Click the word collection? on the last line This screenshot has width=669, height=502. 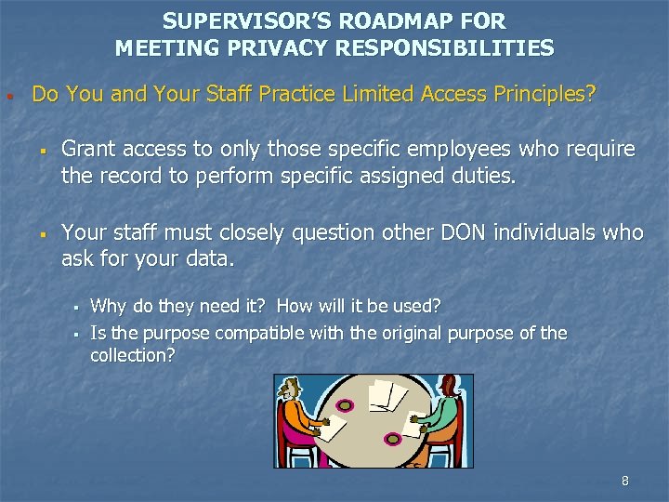click(132, 355)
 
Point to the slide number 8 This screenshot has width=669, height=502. click(624, 481)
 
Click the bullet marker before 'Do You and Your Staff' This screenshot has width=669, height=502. click(7, 96)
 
